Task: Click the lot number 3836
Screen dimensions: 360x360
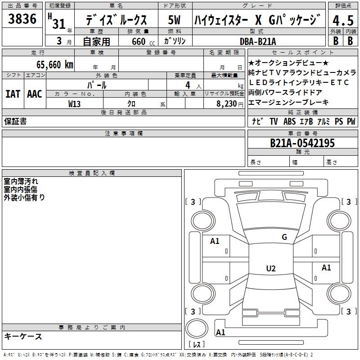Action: click(22, 20)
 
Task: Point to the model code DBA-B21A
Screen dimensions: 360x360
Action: click(259, 41)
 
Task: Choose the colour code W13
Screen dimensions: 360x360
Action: click(75, 103)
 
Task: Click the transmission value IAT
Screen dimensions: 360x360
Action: click(13, 94)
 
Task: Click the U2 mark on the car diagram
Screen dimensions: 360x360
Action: click(270, 269)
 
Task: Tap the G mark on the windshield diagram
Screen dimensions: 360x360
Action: click(284, 237)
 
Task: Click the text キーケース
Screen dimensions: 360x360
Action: click(23, 336)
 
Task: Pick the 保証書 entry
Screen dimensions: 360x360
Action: click(15, 121)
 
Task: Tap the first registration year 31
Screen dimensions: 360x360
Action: click(58, 23)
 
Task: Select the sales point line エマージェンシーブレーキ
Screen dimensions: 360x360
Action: click(288, 102)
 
